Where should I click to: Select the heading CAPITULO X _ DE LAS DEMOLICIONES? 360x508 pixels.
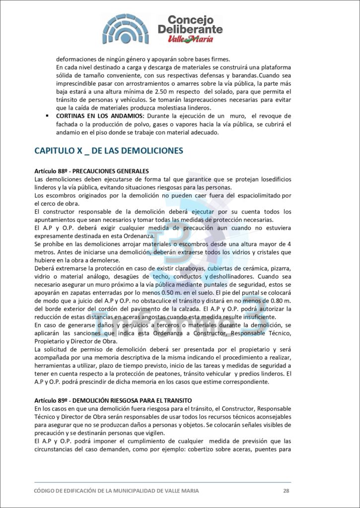109,150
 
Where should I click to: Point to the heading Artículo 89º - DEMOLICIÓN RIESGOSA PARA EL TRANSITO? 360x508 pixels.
113,400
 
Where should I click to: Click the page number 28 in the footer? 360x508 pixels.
286,491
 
